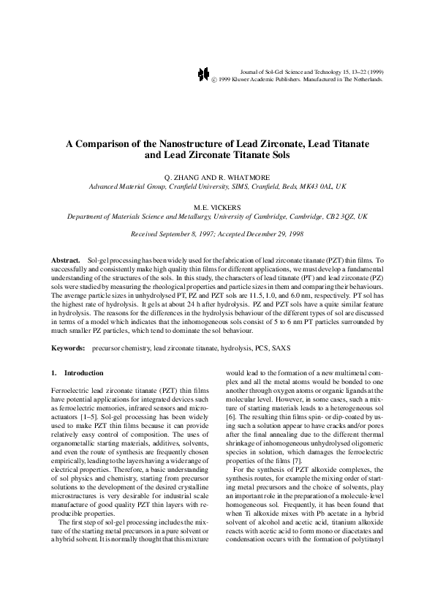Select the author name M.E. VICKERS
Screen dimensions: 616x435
tap(217, 207)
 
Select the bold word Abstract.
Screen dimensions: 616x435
tap(65, 260)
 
